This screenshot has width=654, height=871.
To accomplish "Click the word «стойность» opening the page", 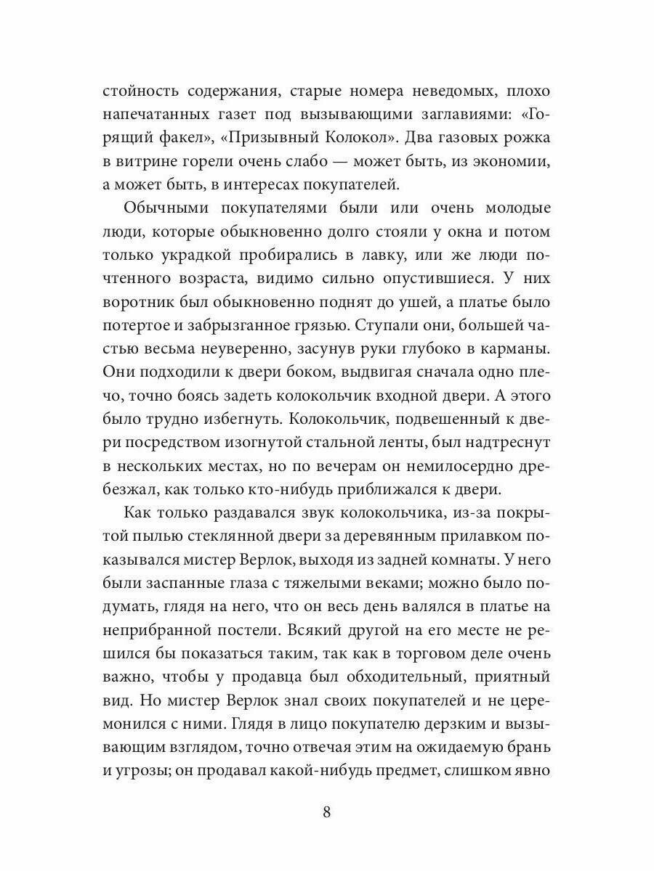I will click(x=142, y=91).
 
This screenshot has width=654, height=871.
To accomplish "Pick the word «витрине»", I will click(x=148, y=161).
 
